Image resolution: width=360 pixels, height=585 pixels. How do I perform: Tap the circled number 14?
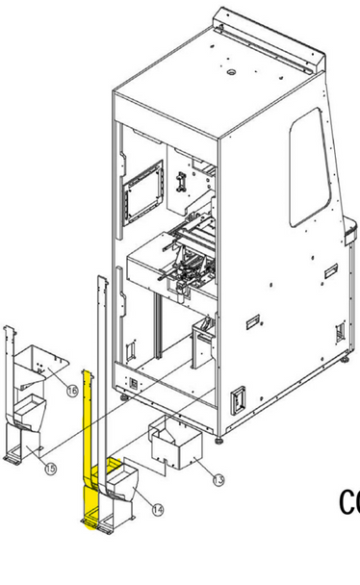[x=158, y=509]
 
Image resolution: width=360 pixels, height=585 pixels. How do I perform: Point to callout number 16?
[x=72, y=390]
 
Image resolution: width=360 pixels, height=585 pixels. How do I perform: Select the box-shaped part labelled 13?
[x=178, y=447]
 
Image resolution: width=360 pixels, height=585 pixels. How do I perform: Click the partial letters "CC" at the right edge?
[x=349, y=502]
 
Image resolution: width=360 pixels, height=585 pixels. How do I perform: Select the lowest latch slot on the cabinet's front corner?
[x=236, y=395]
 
